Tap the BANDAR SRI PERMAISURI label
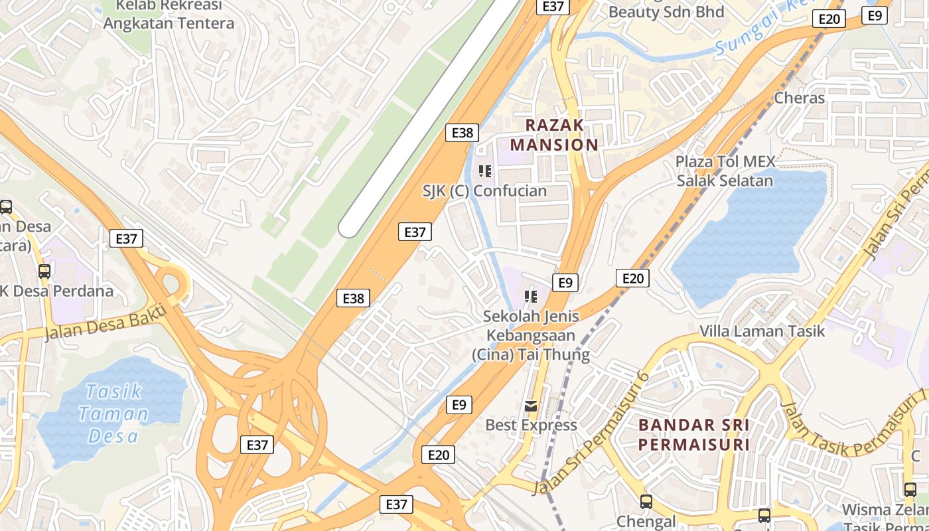tap(694, 434)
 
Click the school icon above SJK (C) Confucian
tap(485, 171)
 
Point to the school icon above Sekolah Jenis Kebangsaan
tap(530, 296)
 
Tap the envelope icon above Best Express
tap(531, 406)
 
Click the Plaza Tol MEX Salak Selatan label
tap(725, 171)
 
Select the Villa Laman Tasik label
tap(762, 331)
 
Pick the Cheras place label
tap(799, 98)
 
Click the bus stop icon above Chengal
tap(646, 502)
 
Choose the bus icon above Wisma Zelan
tap(910, 490)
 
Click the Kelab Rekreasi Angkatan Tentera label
tap(169, 15)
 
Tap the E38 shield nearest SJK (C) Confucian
tap(462, 132)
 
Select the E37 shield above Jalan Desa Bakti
tap(126, 238)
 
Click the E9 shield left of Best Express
tap(460, 404)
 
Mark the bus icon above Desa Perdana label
tap(44, 271)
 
